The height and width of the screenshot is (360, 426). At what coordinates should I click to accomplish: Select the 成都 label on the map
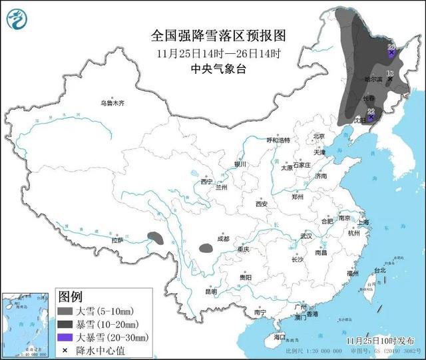click(x=222, y=239)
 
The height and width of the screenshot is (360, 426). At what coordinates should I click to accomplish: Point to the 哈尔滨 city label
click(x=373, y=79)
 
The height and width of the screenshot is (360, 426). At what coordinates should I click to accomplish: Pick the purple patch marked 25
click(x=391, y=50)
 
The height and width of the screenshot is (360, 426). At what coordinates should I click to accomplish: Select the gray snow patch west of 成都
click(x=206, y=250)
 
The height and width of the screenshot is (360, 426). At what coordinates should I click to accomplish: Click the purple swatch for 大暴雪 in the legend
click(x=65, y=337)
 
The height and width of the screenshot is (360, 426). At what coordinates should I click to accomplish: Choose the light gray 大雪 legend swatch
click(x=65, y=310)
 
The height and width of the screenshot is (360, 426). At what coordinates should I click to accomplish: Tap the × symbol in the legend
click(x=65, y=350)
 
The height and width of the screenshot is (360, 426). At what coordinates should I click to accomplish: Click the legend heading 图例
click(x=71, y=295)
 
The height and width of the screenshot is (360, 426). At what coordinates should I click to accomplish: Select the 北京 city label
click(x=318, y=136)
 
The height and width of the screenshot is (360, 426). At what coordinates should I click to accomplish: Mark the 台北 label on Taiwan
click(x=379, y=271)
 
